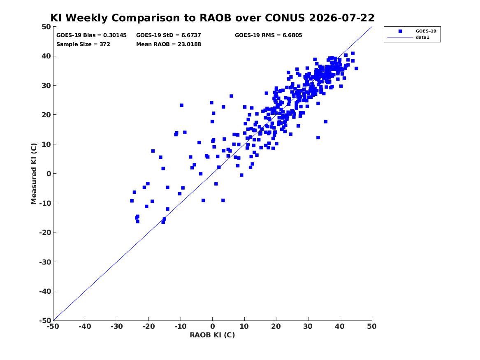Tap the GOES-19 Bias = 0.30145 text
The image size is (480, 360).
point(91,35)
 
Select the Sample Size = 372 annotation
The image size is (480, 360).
point(83,44)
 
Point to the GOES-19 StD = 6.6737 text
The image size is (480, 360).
point(168,35)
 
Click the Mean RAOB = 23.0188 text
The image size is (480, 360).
point(168,44)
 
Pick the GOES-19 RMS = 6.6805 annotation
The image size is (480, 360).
point(268,35)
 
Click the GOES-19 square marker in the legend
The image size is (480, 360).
point(400,31)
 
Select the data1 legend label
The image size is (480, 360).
point(422,37)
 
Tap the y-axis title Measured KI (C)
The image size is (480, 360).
point(34,174)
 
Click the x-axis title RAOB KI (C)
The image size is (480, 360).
point(212,335)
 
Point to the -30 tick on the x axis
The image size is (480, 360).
point(117,326)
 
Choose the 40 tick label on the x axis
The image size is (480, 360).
point(340,326)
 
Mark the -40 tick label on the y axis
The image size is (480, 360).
point(45,291)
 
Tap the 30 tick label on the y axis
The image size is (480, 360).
point(46,86)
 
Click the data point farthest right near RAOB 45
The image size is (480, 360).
point(356,68)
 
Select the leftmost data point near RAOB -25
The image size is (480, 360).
point(132,201)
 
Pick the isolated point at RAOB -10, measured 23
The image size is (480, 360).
point(181,105)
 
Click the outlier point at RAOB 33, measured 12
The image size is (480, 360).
point(318,137)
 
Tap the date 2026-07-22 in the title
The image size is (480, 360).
point(342,18)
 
